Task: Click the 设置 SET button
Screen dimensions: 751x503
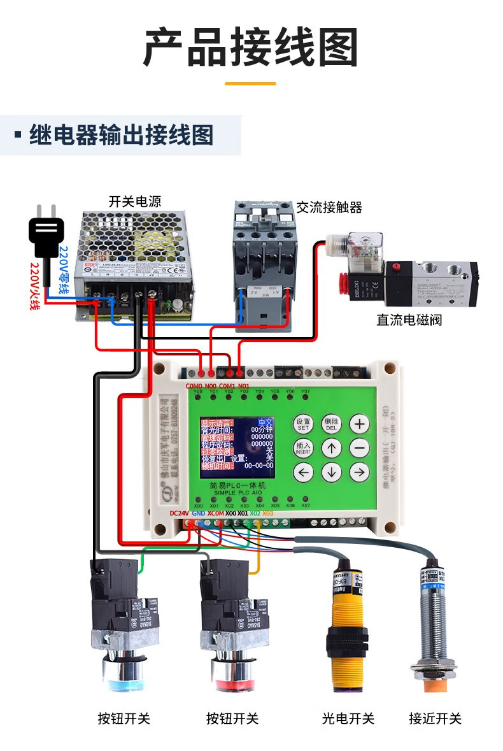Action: tap(303, 424)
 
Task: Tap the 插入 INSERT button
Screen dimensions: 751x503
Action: tap(303, 448)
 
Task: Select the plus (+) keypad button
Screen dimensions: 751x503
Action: tap(360, 424)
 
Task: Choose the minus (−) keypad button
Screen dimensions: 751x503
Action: tap(360, 448)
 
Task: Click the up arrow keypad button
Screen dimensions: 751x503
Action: tap(331, 448)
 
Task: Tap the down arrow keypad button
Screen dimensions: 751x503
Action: tap(331, 472)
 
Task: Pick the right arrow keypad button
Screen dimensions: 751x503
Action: tap(360, 472)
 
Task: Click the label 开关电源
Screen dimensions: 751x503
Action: tap(135, 202)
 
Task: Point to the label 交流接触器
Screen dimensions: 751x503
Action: tap(329, 208)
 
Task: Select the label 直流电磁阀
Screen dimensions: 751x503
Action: tap(409, 320)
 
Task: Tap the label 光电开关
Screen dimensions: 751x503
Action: tap(348, 719)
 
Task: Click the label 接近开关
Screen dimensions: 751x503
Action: tap(435, 719)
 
